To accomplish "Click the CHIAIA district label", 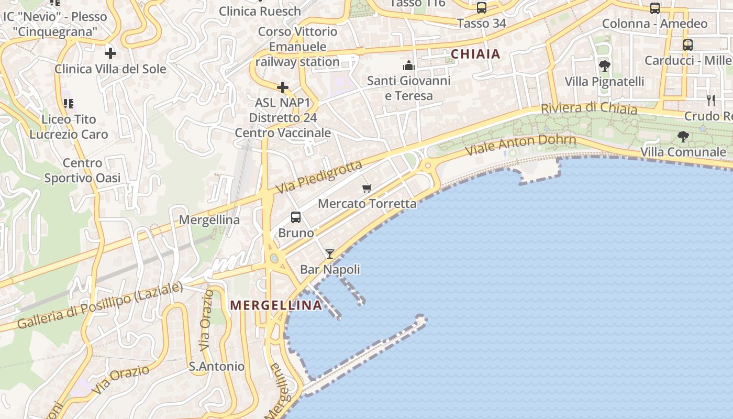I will point(475,54).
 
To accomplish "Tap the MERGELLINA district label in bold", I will point(276,305).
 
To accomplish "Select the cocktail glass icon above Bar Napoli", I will point(330,254).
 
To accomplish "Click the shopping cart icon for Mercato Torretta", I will point(367,188).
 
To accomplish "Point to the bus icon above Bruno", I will point(296,217).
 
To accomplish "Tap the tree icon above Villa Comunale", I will point(683,137).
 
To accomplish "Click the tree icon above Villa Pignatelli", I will point(605,66).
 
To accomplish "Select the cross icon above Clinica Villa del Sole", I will point(110,53).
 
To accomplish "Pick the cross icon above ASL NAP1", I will point(283,87).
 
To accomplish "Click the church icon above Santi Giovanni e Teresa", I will point(408,65).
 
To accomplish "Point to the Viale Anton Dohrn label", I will point(521,145).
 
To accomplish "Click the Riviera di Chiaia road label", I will point(589,108).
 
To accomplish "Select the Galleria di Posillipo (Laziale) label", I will point(100,305).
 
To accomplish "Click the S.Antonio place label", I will point(217,367).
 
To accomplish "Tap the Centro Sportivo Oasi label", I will point(82,171).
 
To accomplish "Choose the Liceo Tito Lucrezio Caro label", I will point(69,127).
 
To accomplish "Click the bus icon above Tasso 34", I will point(482,8).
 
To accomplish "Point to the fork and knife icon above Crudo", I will point(710,100).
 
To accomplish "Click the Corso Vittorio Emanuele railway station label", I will point(298,47).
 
